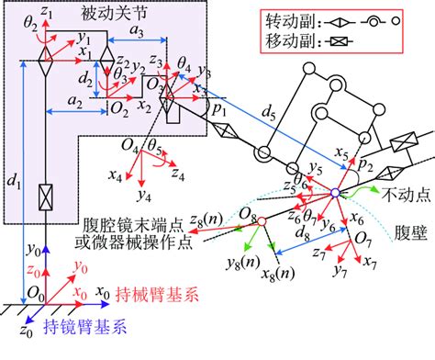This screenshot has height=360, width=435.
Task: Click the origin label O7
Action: pyautogui.click(x=362, y=240)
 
